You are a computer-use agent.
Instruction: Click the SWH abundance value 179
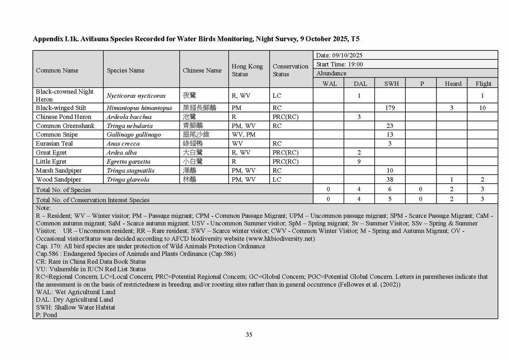[x=389, y=108]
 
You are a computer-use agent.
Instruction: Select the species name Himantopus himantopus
[x=139, y=108]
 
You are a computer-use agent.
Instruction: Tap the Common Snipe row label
[x=57, y=135]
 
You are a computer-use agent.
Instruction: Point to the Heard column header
[x=453, y=83]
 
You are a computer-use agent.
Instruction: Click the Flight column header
[x=483, y=83]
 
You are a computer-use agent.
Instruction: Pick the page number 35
[x=249, y=335]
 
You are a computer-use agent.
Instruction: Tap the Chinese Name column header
[x=202, y=70]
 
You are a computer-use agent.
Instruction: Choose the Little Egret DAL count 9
[x=359, y=161]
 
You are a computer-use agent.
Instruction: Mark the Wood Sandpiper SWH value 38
[x=389, y=180]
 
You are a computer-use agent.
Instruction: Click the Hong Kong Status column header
[x=247, y=70]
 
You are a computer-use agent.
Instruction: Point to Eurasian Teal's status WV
[x=237, y=144]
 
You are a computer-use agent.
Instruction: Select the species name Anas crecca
[x=123, y=144]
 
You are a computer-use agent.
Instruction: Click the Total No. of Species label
[x=63, y=190]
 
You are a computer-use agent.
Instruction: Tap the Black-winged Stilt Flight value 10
[x=482, y=108]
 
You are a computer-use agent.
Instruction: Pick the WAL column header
[x=330, y=83]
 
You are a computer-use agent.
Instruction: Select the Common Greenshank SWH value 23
[x=389, y=126]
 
